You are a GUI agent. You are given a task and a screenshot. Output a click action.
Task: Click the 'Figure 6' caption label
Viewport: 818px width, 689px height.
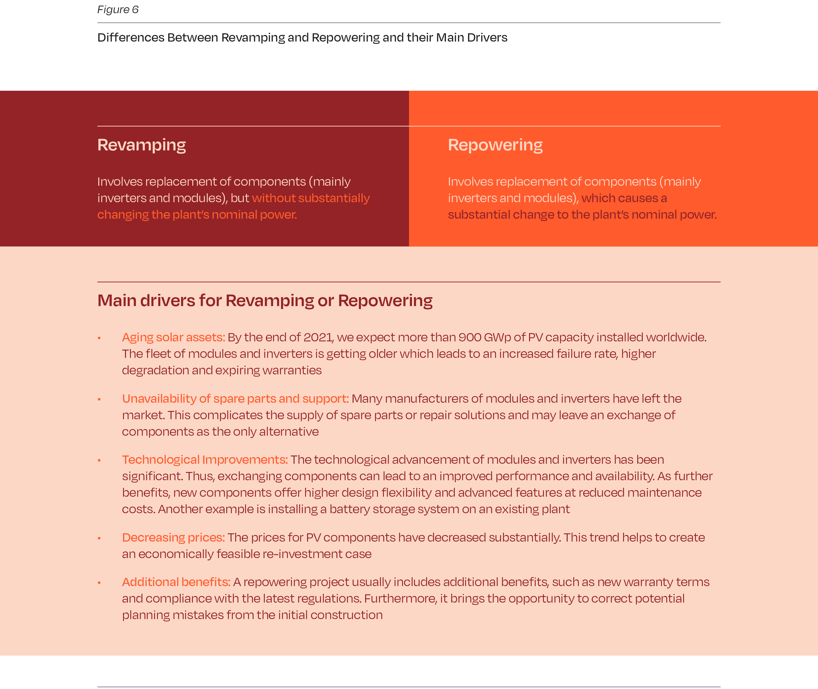117,10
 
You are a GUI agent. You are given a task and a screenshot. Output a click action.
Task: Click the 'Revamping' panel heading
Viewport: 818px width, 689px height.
142,145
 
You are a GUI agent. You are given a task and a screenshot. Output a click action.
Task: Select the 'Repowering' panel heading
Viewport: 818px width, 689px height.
495,145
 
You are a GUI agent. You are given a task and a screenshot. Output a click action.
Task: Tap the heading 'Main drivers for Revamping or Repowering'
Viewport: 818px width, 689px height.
265,301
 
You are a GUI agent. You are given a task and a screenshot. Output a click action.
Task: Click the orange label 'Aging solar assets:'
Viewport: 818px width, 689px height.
173,337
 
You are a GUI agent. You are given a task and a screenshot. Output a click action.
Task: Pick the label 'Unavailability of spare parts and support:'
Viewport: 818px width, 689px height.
235,398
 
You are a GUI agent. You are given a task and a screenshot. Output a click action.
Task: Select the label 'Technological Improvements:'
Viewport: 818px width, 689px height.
205,459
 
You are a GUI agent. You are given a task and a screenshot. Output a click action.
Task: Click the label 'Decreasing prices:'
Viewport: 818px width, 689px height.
173,538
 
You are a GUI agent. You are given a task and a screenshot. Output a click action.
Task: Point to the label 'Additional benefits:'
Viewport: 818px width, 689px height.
176,582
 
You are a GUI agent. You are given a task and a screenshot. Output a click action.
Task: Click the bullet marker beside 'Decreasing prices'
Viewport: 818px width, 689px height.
99,538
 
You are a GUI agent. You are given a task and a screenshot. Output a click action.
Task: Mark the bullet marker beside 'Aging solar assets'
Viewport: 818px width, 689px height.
99,338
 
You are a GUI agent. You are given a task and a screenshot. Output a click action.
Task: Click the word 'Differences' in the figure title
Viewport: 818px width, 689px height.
131,38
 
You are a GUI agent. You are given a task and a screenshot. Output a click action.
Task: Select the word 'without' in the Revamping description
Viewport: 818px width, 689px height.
273,198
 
